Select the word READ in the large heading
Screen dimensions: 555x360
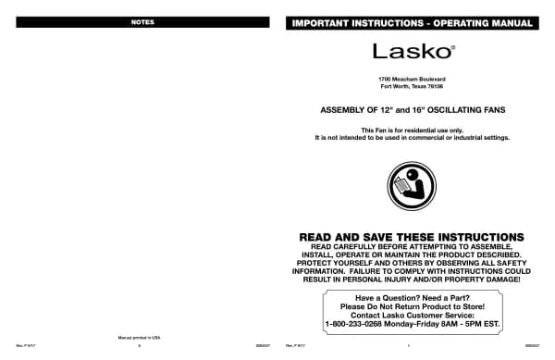[320, 238]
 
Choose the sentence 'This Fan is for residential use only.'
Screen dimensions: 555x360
[412, 130]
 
